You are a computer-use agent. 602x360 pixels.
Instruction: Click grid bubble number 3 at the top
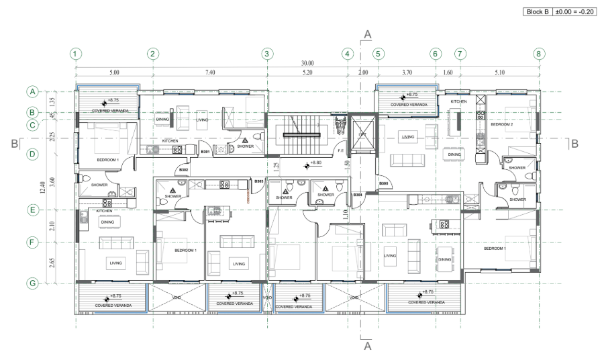[x=266, y=53]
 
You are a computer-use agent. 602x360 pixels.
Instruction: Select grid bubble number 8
[x=538, y=53]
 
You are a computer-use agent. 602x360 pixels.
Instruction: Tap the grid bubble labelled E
[x=31, y=210]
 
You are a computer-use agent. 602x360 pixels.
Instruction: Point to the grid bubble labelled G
[x=31, y=283]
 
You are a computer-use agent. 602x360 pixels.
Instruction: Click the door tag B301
[x=206, y=152]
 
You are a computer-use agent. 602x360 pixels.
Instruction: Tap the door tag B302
[x=184, y=171]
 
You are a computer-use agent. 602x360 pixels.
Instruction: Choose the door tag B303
[x=259, y=181]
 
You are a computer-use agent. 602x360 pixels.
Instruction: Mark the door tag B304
[x=358, y=195]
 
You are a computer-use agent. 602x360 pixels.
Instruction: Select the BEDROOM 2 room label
[x=502, y=124]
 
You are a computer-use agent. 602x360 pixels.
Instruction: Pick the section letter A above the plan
[x=367, y=34]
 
